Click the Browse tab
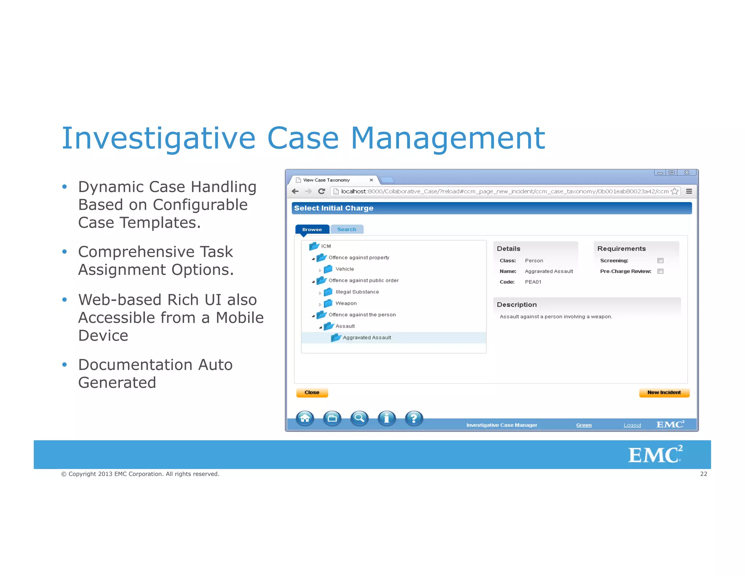312,229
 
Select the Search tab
346,229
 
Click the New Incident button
664,392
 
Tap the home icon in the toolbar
305,418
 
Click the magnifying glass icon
359,418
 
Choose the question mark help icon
414,418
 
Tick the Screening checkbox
660,261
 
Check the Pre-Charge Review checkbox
660,271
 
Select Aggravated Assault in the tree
367,338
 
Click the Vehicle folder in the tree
344,269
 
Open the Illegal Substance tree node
357,292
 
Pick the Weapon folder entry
346,303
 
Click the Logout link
632,425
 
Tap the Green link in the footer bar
584,425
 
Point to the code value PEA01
533,282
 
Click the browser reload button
322,192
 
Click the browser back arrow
295,192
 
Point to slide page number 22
704,474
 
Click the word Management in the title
448,138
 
